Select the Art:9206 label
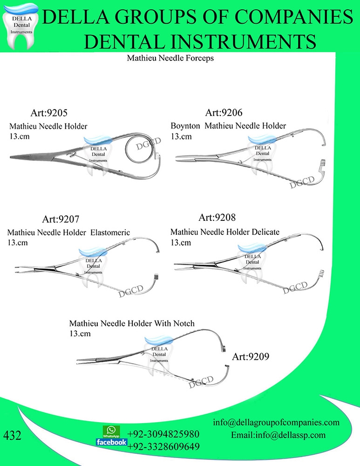coord(224,112)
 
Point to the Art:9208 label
coord(217,218)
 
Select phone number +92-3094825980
coord(163,434)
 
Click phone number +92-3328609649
coord(163,447)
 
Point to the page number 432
coord(12,436)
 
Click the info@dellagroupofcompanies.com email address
coord(276,423)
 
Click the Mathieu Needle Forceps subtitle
coord(170,59)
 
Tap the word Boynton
coord(185,126)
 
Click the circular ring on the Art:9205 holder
coord(138,149)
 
